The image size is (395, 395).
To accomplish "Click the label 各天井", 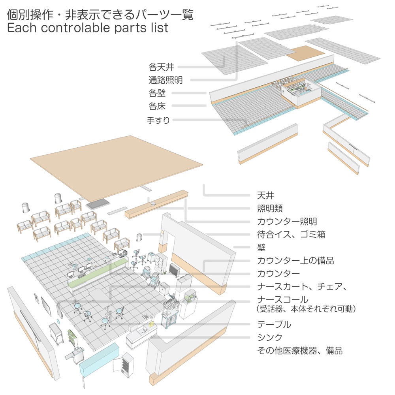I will (x=161, y=66).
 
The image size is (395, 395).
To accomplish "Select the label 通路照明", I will (x=166, y=80).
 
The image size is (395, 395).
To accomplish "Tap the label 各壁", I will (x=157, y=93).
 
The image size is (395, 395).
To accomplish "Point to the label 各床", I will (x=157, y=106).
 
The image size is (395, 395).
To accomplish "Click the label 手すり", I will (x=158, y=120).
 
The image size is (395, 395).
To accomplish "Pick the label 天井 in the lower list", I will (x=265, y=195).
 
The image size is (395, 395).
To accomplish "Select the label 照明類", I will (x=270, y=208).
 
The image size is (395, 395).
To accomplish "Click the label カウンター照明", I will (x=287, y=221).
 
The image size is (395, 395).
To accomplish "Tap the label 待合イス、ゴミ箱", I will (x=291, y=235).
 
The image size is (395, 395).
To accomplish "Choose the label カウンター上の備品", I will (x=295, y=261).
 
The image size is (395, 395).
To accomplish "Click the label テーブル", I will (x=274, y=325).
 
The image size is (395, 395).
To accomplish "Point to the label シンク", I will (x=270, y=338).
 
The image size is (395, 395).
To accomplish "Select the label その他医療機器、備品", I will (x=300, y=350).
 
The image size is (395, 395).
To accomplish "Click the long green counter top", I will (x=97, y=272).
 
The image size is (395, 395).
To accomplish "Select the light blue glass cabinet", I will (x=100, y=359).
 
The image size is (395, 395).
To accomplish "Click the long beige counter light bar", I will (x=157, y=205).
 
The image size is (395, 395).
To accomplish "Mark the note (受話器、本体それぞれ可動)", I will (x=306, y=309).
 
